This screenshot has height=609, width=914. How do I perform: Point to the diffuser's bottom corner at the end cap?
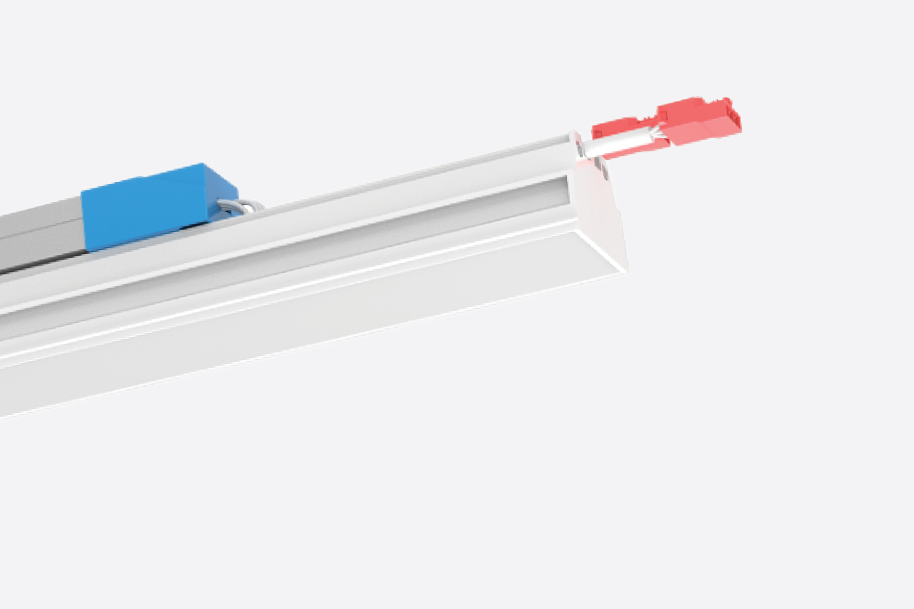click(626, 271)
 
